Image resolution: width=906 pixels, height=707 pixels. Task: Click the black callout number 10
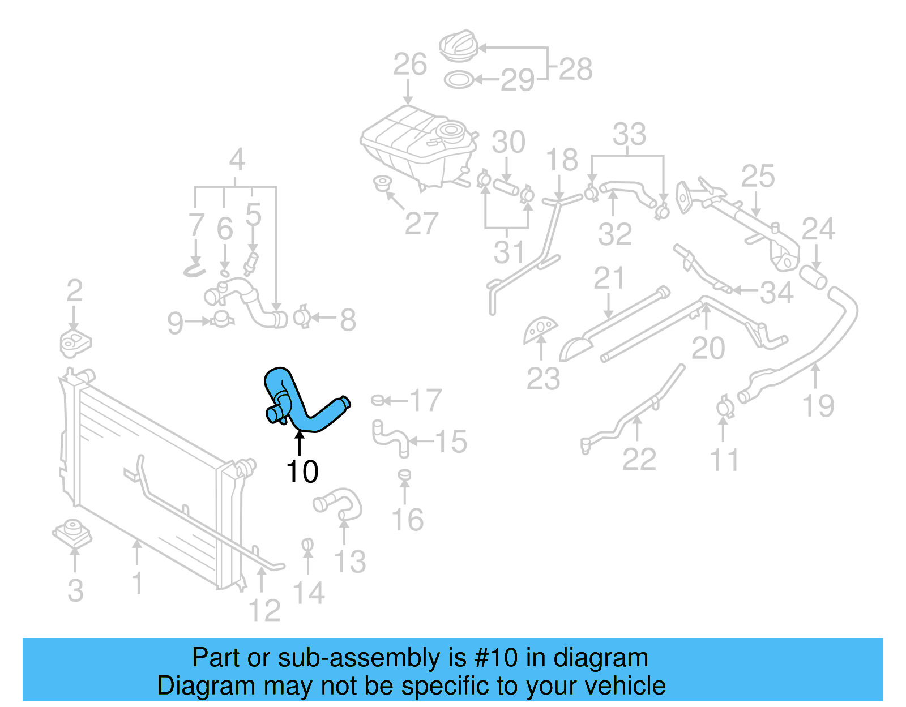pyautogui.click(x=302, y=472)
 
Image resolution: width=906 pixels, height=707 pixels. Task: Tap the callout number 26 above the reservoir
pyautogui.click(x=409, y=65)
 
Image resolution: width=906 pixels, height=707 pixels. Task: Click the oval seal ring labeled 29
pyautogui.click(x=458, y=80)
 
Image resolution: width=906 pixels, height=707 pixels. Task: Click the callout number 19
pyautogui.click(x=818, y=406)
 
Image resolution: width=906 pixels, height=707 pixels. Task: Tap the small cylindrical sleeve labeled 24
pyautogui.click(x=813, y=277)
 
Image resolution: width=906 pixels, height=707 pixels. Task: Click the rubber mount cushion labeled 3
pyautogui.click(x=72, y=532)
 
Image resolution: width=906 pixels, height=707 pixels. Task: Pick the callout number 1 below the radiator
pyautogui.click(x=137, y=583)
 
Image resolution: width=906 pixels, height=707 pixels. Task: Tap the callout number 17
pyautogui.click(x=425, y=400)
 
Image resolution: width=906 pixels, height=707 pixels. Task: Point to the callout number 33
pyautogui.click(x=629, y=135)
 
